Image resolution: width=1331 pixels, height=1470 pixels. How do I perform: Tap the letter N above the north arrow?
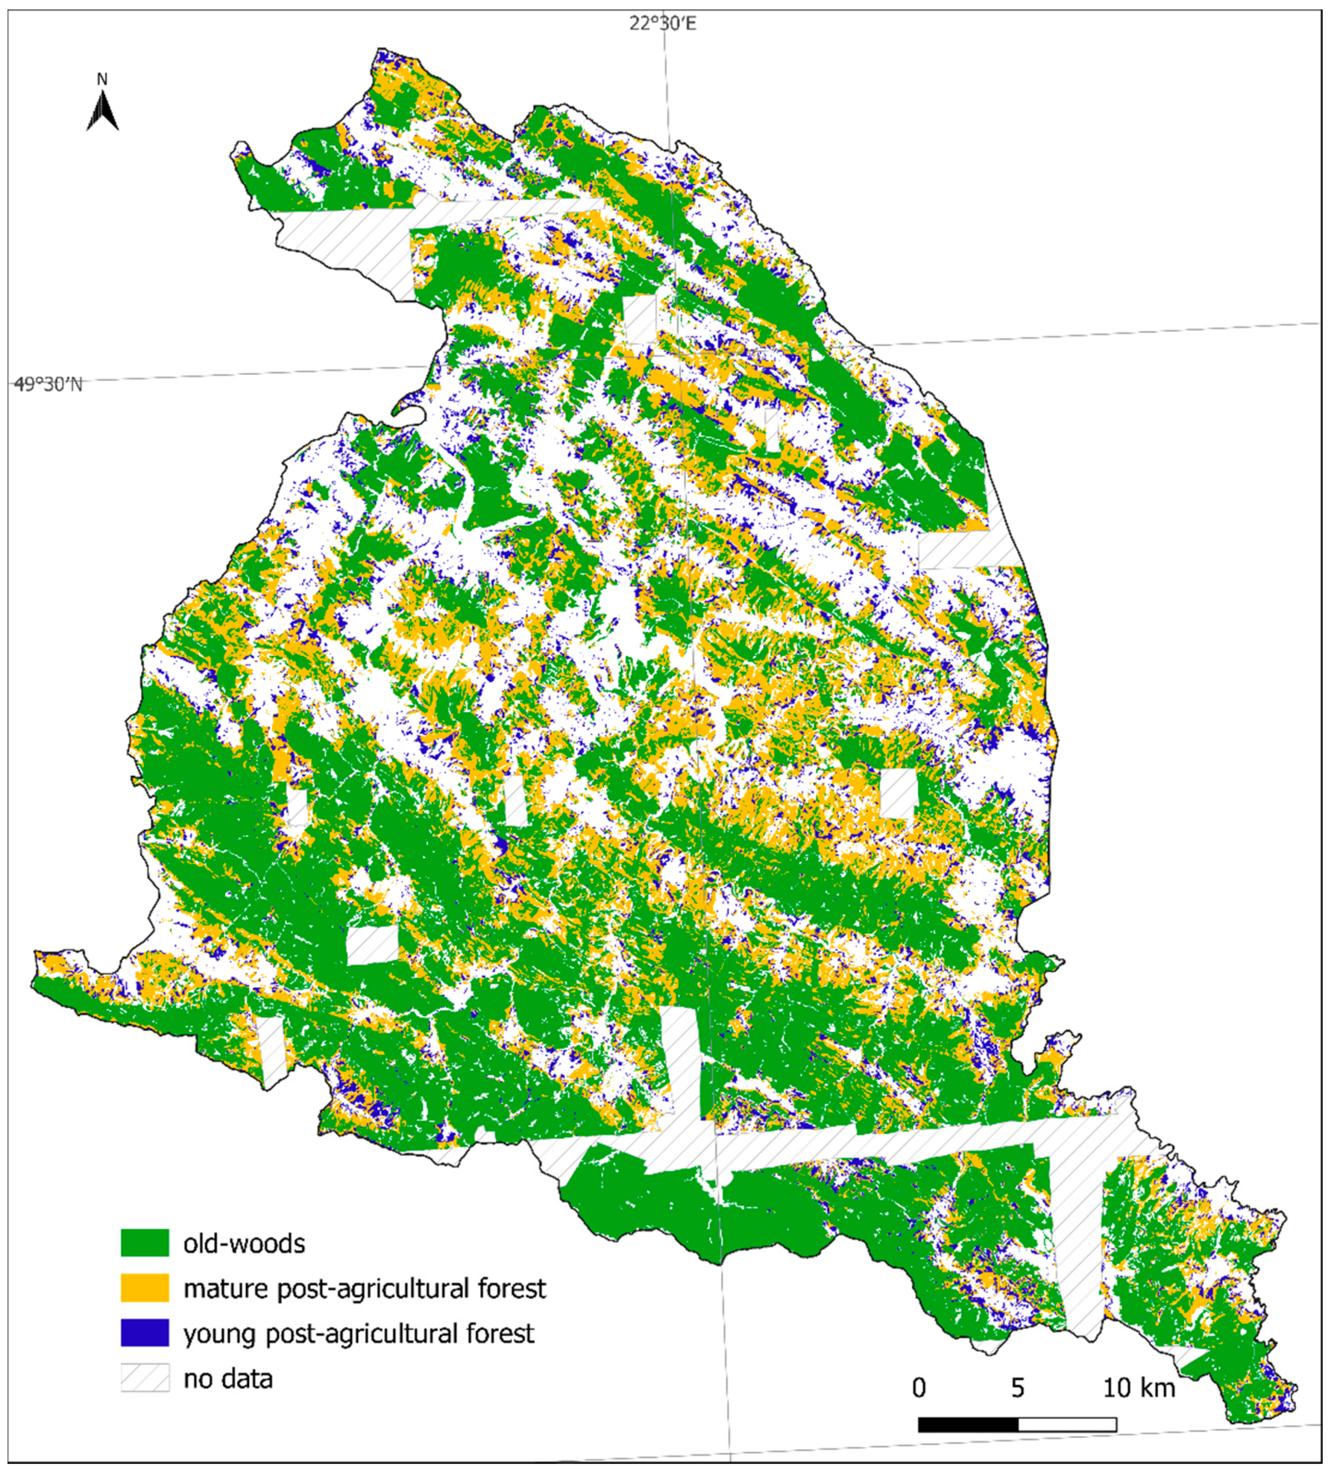[x=102, y=79]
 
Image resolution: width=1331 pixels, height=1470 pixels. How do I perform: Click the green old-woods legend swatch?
[x=144, y=1243]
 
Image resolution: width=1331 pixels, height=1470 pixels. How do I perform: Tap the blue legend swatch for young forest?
[x=144, y=1333]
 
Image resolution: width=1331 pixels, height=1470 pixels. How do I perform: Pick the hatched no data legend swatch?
[x=144, y=1378]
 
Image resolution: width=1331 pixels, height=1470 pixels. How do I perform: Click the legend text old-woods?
[x=244, y=1243]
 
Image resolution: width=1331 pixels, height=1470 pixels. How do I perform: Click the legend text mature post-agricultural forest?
[x=364, y=1289]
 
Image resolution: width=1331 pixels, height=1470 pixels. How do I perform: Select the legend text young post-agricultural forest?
[x=359, y=1334]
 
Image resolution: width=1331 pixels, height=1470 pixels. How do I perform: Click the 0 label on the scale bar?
[x=919, y=1388]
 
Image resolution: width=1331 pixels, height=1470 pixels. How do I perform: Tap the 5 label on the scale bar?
[x=1017, y=1388]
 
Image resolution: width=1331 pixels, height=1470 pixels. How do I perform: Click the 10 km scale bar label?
[x=1139, y=1388]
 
